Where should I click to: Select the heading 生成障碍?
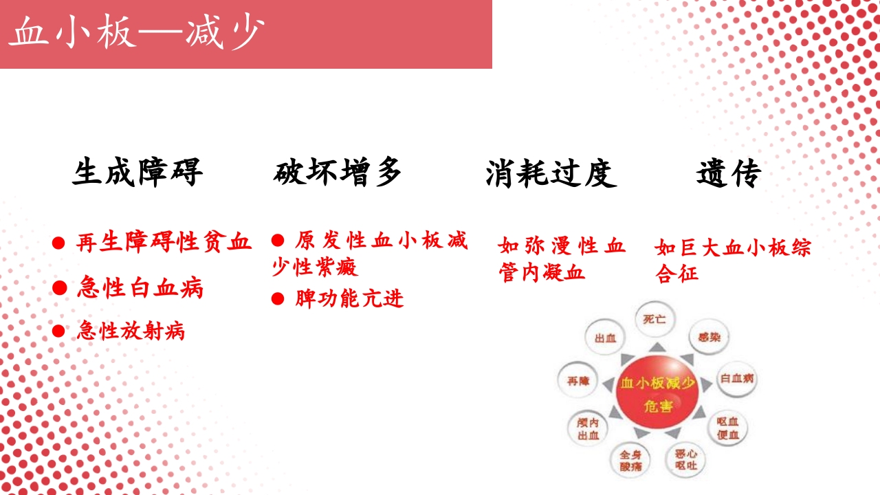tap(137, 173)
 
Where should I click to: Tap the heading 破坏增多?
tap(337, 173)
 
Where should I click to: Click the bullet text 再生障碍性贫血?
tap(164, 242)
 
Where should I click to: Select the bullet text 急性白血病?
tap(140, 288)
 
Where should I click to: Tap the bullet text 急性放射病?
tap(131, 331)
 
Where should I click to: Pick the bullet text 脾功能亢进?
tap(349, 298)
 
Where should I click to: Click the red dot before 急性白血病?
tap(60, 288)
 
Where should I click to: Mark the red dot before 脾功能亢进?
tap(278, 298)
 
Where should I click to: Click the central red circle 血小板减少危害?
tap(657, 393)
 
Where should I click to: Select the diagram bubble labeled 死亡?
tap(654, 320)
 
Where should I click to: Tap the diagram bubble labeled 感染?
tap(708, 338)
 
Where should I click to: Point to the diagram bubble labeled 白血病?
tap(737, 379)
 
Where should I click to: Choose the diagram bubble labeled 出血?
tap(605, 339)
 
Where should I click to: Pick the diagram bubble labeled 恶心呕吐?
tap(685, 459)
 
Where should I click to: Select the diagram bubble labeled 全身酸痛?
tap(630, 460)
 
